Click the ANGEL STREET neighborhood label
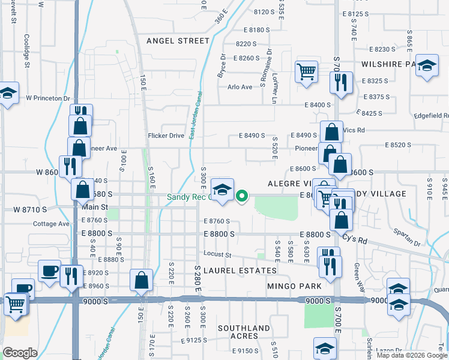tap(178, 41)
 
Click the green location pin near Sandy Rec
tap(242, 196)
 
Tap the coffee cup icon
tap(49, 271)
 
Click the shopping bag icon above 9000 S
tap(141, 280)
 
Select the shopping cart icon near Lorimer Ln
tap(306, 71)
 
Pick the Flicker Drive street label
tap(166, 136)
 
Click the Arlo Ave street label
tap(240, 87)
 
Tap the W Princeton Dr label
tap(48, 98)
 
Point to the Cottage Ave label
tap(52, 224)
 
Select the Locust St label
tap(217, 254)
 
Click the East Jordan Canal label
tap(194, 117)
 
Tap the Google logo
tap(20, 353)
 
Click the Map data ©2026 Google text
tap(411, 355)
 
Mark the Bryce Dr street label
tap(221, 65)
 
